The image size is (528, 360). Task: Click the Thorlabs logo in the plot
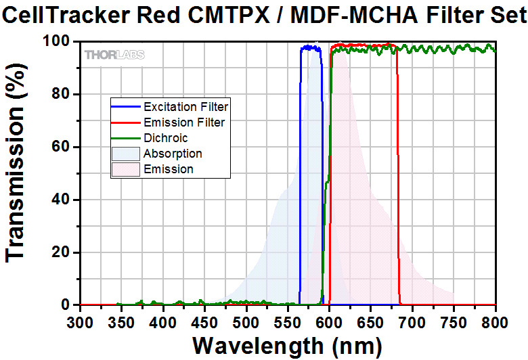[x=114, y=55]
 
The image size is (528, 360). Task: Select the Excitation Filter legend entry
[x=185, y=107]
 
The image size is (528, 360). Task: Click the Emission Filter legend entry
[x=184, y=122]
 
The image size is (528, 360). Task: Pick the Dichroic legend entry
[x=166, y=138]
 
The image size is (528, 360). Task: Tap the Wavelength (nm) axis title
[x=287, y=345]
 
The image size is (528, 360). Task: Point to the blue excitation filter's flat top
[x=311, y=47]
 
